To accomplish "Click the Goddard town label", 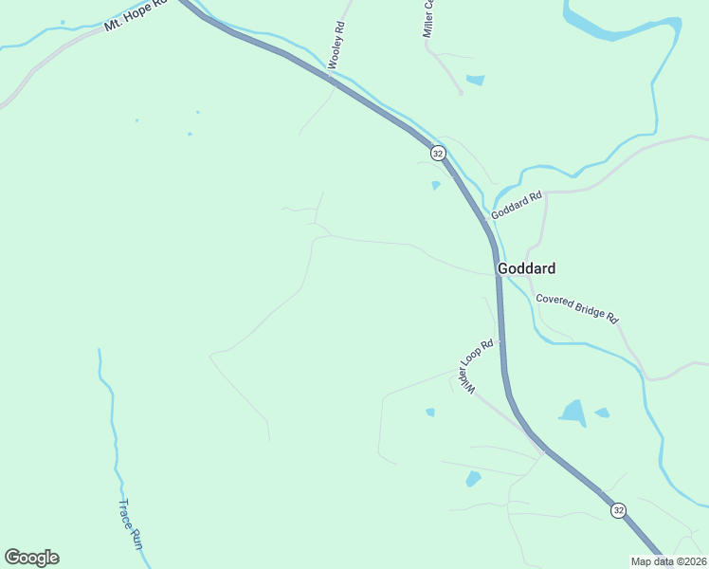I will pyautogui.click(x=526, y=268).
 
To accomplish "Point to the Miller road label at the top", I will pyautogui.click(x=428, y=19).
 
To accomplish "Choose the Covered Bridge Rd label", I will pyautogui.click(x=576, y=305).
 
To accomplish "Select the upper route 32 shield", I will pyautogui.click(x=437, y=153).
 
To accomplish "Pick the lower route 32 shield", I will pyautogui.click(x=618, y=510).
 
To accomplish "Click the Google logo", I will pyautogui.click(x=31, y=558).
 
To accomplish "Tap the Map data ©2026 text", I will pyautogui.click(x=667, y=561).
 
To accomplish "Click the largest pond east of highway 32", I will pyautogui.click(x=573, y=413).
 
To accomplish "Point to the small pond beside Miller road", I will pyautogui.click(x=475, y=80).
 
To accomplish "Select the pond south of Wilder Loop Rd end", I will pyautogui.click(x=473, y=480).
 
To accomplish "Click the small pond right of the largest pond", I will pyautogui.click(x=602, y=413).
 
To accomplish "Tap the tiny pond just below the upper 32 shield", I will pyautogui.click(x=436, y=186).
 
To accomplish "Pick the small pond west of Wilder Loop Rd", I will pyautogui.click(x=430, y=412).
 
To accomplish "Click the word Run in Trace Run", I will pyautogui.click(x=136, y=540).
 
